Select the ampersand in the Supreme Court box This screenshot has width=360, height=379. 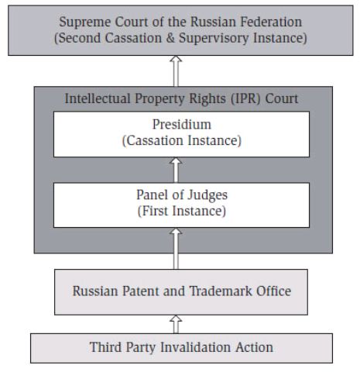click(170, 38)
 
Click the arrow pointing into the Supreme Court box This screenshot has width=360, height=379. click(176, 71)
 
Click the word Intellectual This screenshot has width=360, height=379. click(98, 98)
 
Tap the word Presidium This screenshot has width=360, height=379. click(182, 125)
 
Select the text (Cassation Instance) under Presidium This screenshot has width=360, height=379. click(182, 141)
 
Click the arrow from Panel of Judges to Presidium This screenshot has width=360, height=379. click(176, 170)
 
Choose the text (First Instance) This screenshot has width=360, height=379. click(182, 211)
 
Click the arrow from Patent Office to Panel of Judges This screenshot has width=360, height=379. click(176, 249)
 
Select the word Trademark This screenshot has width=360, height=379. click(221, 291)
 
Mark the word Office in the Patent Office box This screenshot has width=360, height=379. click(273, 291)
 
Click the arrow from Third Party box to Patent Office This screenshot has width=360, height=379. click(176, 324)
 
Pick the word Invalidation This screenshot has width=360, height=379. click(196, 347)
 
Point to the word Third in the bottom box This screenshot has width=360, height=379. click(105, 347)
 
